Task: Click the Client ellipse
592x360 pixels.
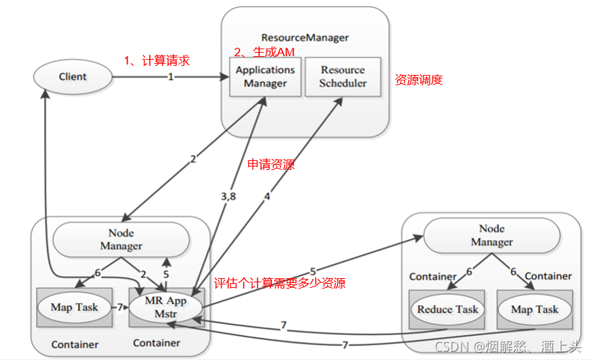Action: coord(72,76)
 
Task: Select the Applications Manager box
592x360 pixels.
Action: coord(265,76)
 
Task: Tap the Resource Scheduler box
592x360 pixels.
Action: coord(342,76)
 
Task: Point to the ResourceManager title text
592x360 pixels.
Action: coord(305,37)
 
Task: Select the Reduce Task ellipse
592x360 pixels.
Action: coord(448,309)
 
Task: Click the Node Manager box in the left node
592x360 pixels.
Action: coord(121,239)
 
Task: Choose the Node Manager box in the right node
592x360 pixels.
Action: coord(491,235)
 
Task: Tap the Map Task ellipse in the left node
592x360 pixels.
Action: coord(74,307)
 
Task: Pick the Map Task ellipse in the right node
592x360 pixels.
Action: coord(534,309)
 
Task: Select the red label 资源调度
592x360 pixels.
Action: coord(418,80)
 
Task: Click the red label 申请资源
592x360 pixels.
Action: coord(271,165)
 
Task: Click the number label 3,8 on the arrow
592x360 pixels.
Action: coord(228,196)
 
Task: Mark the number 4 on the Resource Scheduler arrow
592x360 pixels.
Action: coord(267,196)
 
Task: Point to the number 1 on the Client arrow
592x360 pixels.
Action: coord(170,77)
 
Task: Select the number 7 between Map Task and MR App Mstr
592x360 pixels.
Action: coord(119,307)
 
